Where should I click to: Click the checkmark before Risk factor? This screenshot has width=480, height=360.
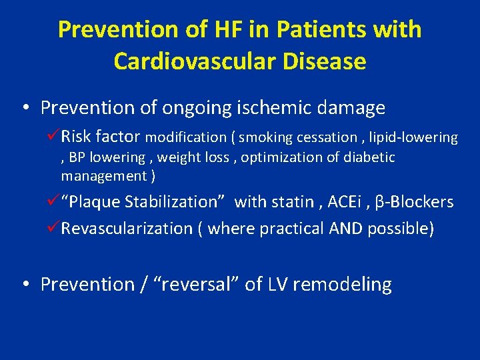54,137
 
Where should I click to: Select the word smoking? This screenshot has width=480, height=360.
265,138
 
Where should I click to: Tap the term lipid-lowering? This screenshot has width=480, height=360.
415,138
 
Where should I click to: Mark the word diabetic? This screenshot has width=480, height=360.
369,157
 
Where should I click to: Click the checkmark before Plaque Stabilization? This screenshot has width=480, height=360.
54,201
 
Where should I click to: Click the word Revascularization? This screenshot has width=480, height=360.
127,229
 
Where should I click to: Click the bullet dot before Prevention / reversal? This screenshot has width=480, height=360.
25,285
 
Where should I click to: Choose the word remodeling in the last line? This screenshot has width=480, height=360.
341,285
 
